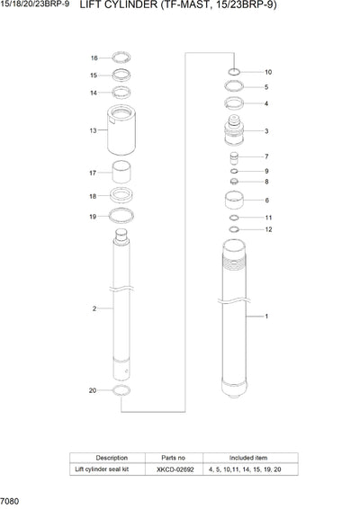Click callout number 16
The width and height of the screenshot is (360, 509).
click(94, 58)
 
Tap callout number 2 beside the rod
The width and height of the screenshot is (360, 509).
click(94, 309)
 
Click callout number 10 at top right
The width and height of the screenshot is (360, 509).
click(267, 72)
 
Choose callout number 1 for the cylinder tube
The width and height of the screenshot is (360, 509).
click(265, 317)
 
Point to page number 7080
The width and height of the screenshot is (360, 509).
click(12, 498)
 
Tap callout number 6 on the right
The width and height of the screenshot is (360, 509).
click(266, 201)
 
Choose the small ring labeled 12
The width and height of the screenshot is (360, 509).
click(233, 230)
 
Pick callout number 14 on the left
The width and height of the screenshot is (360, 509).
click(94, 93)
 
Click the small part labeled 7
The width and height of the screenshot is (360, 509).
click(233, 157)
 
